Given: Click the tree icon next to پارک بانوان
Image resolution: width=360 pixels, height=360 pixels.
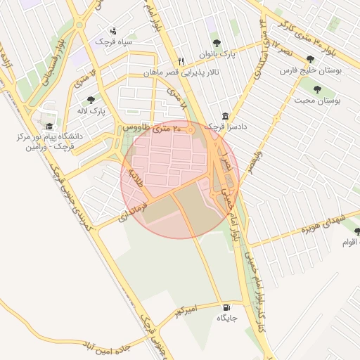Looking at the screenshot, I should coord(216,42).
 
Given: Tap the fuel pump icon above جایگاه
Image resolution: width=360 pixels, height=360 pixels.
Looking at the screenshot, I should coord(225,307).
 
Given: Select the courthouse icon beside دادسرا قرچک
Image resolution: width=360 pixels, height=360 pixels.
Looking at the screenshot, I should coord(225,116).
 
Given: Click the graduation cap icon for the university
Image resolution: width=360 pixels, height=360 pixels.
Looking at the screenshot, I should coord(49,126).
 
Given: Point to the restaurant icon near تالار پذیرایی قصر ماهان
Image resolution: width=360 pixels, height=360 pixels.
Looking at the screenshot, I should coord(181,61).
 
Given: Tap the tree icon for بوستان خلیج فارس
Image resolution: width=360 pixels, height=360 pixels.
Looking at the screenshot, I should coord(310,59).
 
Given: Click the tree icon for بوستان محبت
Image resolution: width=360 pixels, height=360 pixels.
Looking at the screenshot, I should coord(317,89).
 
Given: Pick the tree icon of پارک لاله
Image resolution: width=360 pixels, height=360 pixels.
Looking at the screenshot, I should coord(91,100).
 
